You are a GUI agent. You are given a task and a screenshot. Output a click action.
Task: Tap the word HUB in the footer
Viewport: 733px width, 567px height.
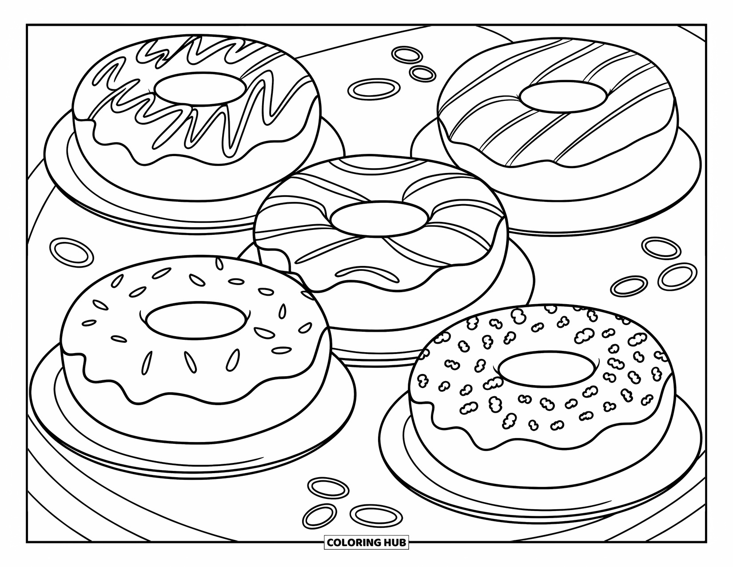click(394, 543)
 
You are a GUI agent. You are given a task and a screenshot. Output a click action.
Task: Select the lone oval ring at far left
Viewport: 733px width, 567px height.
click(71, 251)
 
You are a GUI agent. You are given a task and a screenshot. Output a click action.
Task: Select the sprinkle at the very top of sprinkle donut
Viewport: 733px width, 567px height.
click(218, 263)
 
